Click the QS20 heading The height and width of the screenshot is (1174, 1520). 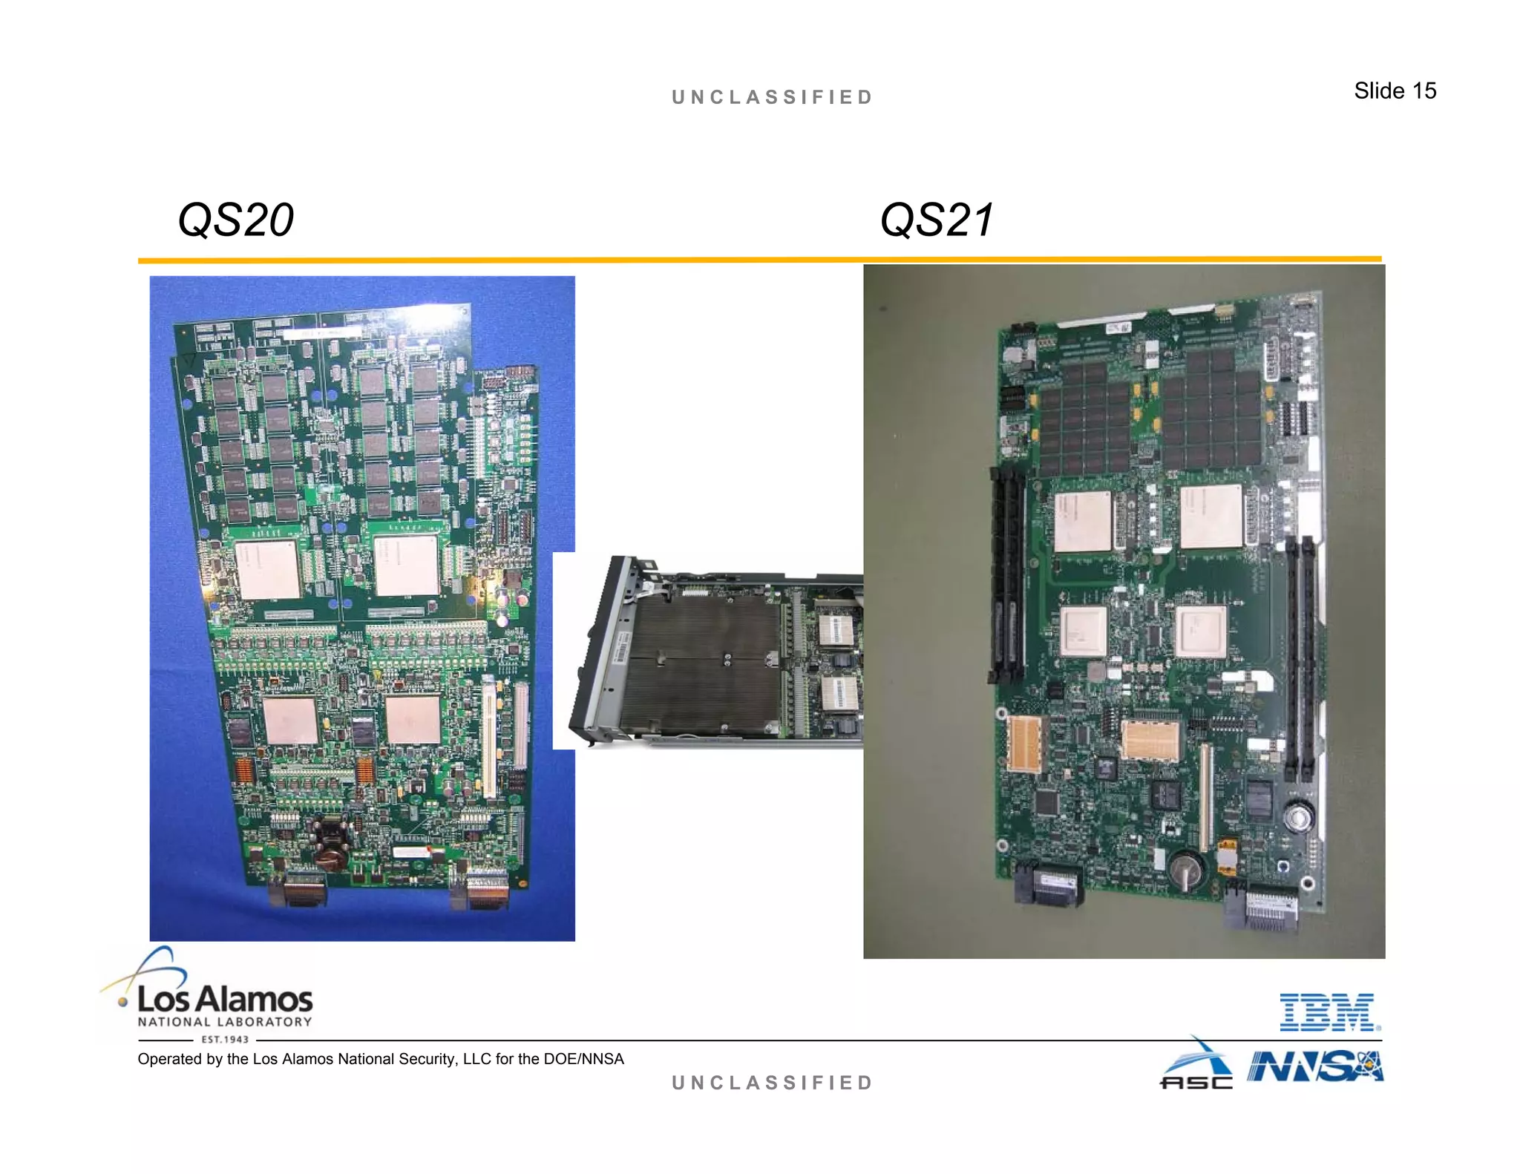(x=236, y=220)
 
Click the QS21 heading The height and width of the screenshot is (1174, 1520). (x=937, y=220)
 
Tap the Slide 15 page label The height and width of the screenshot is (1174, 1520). (x=1395, y=91)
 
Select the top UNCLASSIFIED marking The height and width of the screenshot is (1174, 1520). (x=772, y=97)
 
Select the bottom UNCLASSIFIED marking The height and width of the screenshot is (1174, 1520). (x=772, y=1083)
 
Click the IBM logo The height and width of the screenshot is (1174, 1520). (x=1329, y=1012)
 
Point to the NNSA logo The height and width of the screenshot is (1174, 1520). (x=1314, y=1066)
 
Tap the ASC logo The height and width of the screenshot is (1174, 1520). (x=1196, y=1066)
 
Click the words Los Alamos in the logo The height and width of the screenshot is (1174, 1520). (x=225, y=999)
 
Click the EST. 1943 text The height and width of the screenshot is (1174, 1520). (x=225, y=1040)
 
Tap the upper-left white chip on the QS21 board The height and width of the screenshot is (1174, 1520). (x=1082, y=521)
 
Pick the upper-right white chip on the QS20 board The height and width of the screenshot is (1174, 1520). (x=406, y=564)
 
